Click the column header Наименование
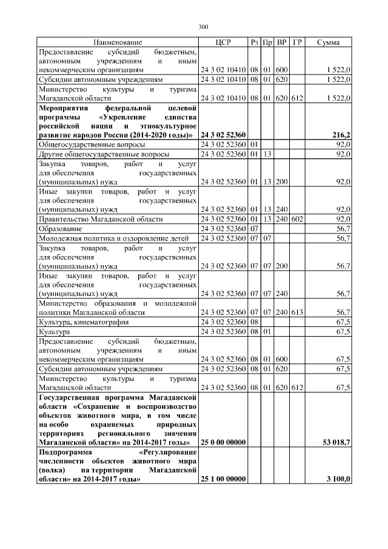pyautogui.click(x=118, y=42)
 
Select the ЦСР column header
pyautogui.click(x=223, y=42)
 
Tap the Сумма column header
pyautogui.click(x=328, y=42)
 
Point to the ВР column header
pyautogui.click(x=282, y=42)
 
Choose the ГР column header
pyautogui.click(x=297, y=42)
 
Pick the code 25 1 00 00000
pyautogui.click(x=223, y=479)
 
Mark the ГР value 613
pyautogui.click(x=297, y=312)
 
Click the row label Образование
pyautogui.click(x=61, y=228)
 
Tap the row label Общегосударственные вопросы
pyautogui.click(x=92, y=145)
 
